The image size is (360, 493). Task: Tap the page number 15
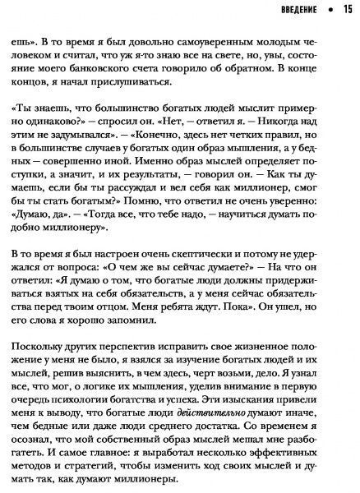[x=344, y=11]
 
